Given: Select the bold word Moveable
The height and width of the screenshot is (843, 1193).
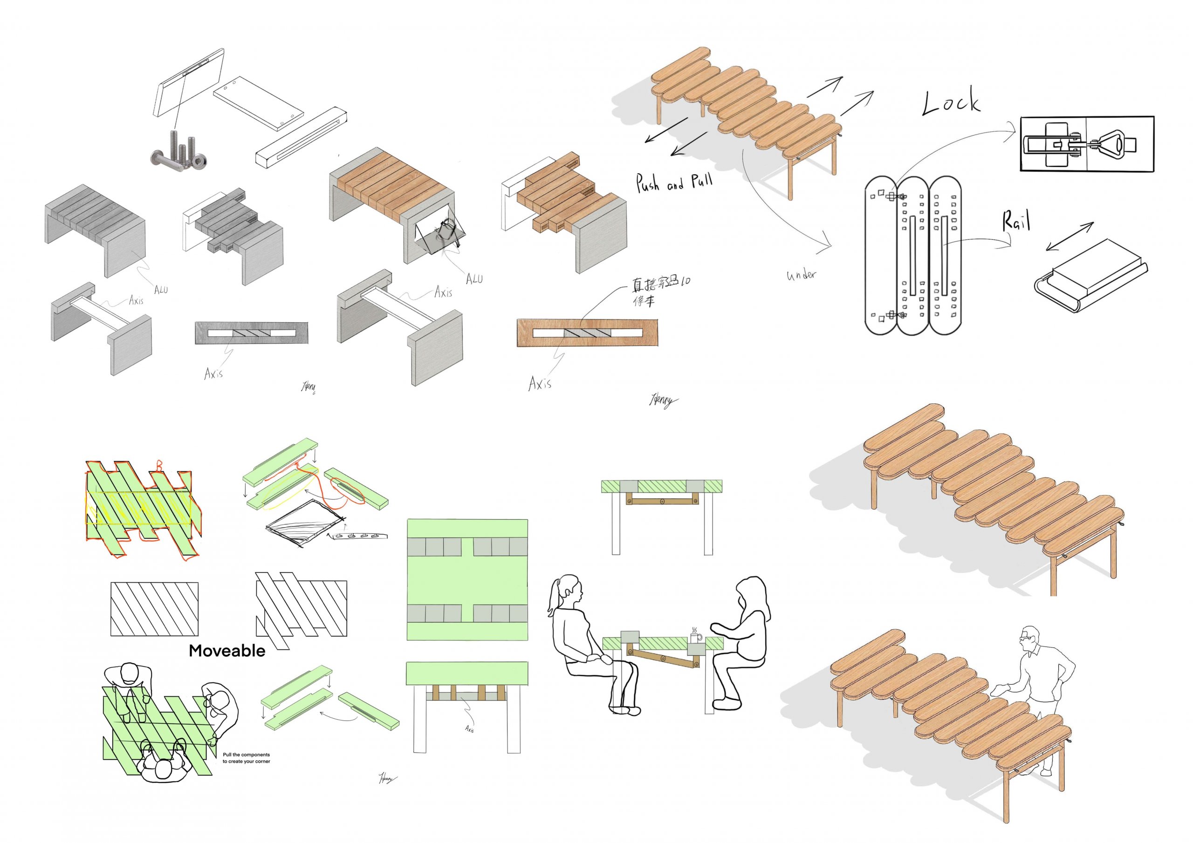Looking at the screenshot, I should [x=226, y=651].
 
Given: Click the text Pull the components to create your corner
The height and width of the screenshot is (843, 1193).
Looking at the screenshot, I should [x=247, y=758].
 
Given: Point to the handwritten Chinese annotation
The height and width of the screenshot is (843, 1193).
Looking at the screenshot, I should [x=660, y=290].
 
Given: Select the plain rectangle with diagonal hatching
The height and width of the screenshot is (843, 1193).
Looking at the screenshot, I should [x=154, y=609].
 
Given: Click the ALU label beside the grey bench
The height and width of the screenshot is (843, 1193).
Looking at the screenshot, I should [x=161, y=289].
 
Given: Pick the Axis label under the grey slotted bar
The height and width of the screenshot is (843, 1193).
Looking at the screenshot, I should [x=213, y=373].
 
